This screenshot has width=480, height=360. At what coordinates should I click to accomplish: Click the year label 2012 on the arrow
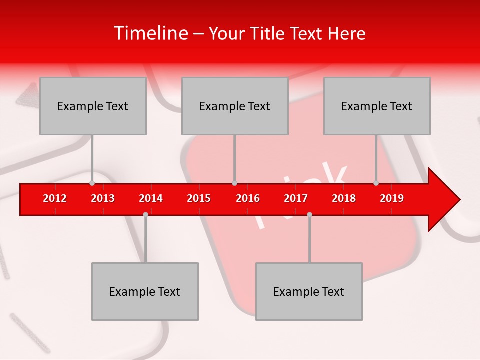coord(55,198)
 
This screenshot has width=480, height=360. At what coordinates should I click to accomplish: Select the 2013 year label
coord(103,198)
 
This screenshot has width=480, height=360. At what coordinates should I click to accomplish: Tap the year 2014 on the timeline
coord(151,198)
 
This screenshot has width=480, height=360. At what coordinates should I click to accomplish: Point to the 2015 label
coord(199,198)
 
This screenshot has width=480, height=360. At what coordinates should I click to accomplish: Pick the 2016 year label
coord(248,198)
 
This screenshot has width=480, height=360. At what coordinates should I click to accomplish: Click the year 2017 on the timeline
coord(296,198)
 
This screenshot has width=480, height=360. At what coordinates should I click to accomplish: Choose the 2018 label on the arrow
coord(344,198)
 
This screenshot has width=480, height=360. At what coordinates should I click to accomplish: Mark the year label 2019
coord(392,198)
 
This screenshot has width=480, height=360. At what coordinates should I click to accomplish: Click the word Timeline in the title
coord(150,33)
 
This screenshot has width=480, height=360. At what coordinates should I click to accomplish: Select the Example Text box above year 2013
coord(93,106)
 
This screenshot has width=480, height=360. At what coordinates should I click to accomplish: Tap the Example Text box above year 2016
coord(235,106)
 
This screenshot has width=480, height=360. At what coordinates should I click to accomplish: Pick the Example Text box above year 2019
coord(377,106)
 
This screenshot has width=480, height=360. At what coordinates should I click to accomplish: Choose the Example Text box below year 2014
coord(145,291)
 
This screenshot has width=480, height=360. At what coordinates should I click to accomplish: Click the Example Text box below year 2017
coord(309,291)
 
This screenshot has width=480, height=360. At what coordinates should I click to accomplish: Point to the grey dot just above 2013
coord(92,183)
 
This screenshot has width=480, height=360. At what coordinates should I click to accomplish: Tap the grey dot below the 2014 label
coord(145,214)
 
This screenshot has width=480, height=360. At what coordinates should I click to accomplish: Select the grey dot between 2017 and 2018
coord(309,214)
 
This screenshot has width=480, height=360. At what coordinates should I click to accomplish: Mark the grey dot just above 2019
coord(376,183)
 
